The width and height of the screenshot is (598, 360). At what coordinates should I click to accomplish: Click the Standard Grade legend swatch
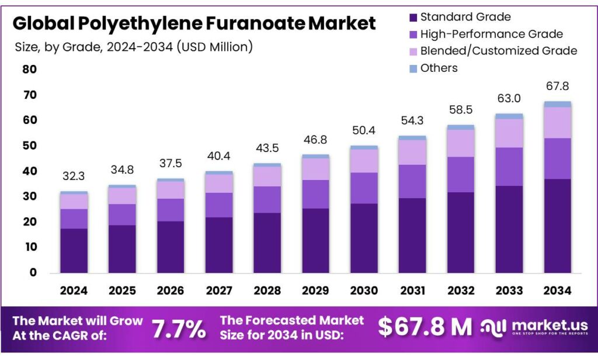point(413,17)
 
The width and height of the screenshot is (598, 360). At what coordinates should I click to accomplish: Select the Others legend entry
point(439,68)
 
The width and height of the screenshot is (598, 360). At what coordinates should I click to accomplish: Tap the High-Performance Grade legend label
point(491,34)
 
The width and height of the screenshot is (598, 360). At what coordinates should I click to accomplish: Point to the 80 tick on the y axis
point(30,70)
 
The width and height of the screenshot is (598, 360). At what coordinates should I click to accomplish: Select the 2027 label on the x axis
point(220,290)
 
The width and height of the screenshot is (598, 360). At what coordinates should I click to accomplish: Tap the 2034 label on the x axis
point(558,290)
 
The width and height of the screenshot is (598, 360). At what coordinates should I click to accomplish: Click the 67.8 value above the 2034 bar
point(558,86)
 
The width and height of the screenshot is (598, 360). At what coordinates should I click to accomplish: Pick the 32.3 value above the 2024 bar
point(74,175)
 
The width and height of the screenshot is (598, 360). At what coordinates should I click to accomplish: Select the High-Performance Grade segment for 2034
point(558,158)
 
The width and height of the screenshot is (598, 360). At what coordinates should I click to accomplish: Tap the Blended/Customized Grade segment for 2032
point(461,143)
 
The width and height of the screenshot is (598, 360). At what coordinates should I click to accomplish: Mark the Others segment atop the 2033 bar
point(509,116)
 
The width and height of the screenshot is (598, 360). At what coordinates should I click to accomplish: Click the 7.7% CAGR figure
point(179,329)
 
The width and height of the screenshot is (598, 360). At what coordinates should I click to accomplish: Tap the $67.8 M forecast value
point(425,327)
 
